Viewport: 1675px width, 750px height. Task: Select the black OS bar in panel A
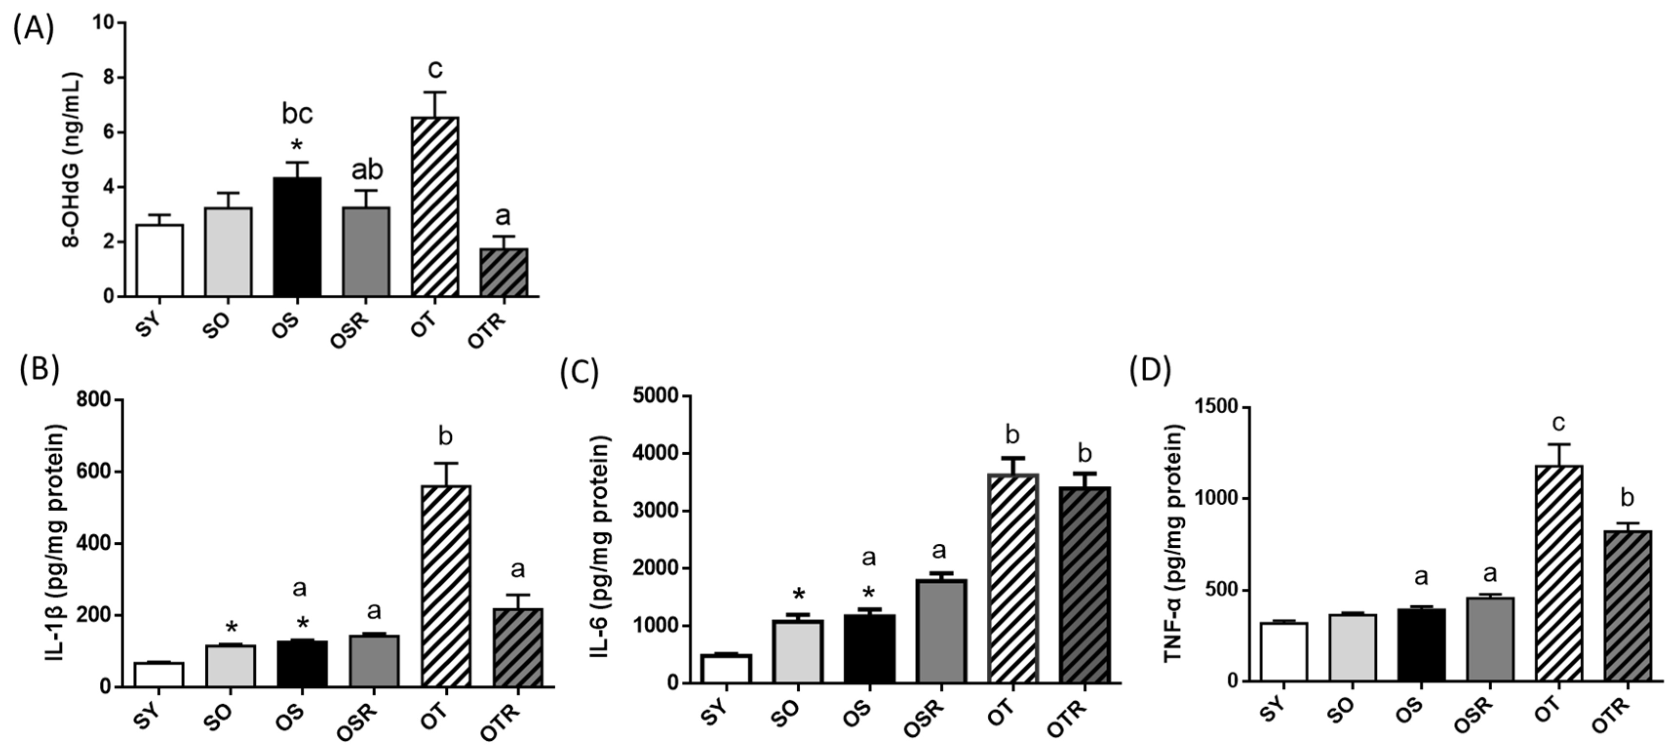pos(297,237)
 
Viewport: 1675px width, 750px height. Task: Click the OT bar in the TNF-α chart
pos(1559,573)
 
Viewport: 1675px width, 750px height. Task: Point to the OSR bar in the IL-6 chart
pos(942,630)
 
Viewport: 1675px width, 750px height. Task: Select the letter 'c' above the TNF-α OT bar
pos(1558,423)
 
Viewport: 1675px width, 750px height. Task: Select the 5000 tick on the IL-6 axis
pos(655,396)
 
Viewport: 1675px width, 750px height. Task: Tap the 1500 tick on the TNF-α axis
pos(1214,407)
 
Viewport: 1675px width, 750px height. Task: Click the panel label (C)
pos(578,371)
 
